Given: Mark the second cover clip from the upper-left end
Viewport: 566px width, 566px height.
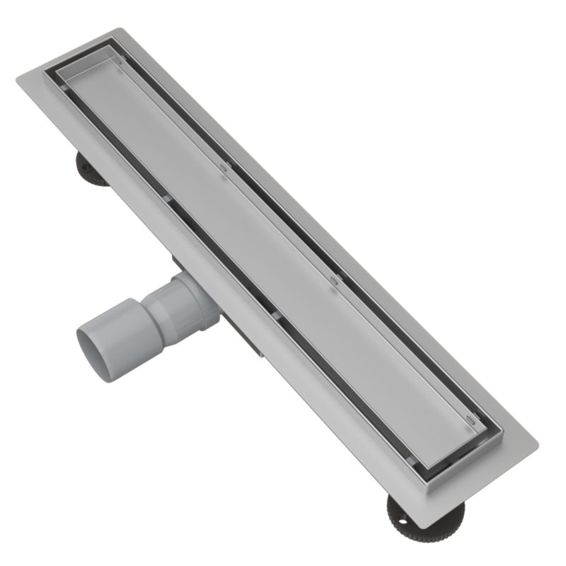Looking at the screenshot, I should [224, 168].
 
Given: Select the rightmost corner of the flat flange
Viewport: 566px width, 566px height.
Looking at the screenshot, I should [537, 449].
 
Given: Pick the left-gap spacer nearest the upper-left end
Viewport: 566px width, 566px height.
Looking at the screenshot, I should [65, 88].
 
